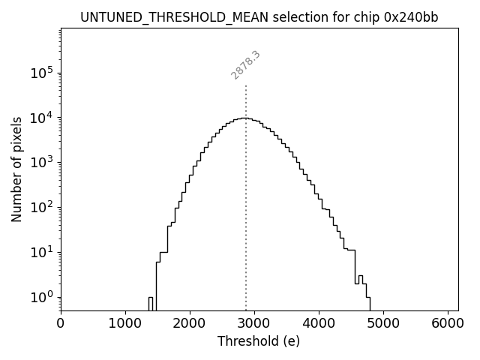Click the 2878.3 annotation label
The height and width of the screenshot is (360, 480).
click(245, 65)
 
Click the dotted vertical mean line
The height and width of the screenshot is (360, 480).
click(246, 195)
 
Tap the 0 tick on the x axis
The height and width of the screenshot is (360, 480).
click(61, 323)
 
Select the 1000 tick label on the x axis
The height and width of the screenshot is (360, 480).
click(125, 323)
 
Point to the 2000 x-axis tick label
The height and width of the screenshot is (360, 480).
click(190, 323)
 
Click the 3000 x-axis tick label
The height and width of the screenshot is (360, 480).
click(254, 323)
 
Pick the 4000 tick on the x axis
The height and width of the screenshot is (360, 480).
click(319, 323)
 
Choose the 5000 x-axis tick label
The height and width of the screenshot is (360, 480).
click(383, 323)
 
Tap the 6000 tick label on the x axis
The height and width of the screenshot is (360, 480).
click(448, 323)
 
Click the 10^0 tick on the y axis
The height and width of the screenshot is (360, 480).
click(43, 297)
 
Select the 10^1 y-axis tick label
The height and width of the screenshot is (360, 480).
click(43, 252)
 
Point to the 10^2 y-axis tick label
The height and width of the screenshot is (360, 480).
click(43, 207)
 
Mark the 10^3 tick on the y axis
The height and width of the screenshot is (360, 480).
click(43, 163)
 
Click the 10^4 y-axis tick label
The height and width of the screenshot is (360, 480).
click(43, 118)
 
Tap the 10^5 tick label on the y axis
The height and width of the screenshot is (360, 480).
click(43, 73)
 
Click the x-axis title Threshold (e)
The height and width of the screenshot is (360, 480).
click(259, 341)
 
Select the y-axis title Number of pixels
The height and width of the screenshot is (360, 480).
click(16, 169)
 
